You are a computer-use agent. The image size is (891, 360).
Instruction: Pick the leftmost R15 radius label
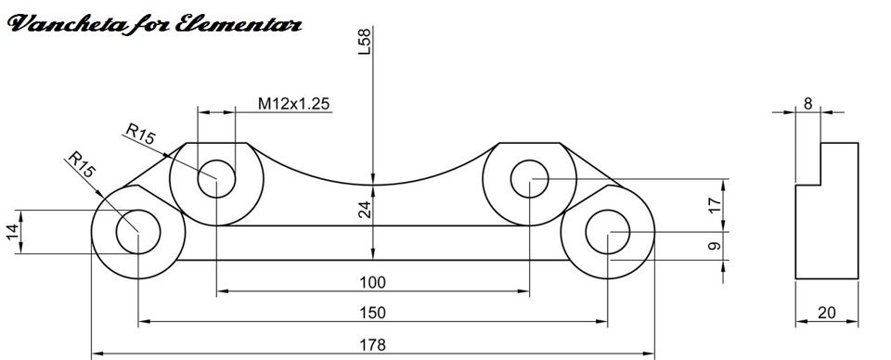click(x=82, y=167)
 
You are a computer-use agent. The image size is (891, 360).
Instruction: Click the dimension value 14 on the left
click(x=12, y=232)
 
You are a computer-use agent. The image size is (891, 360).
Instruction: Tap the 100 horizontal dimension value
click(x=372, y=282)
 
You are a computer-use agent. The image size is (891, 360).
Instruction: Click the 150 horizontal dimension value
click(x=372, y=313)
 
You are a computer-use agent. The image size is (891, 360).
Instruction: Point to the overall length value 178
click(x=372, y=344)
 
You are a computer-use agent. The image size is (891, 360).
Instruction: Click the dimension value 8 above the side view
click(x=807, y=104)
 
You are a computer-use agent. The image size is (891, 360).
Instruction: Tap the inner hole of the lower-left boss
click(x=137, y=231)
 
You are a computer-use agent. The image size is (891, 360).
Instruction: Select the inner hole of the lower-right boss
click(x=608, y=231)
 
